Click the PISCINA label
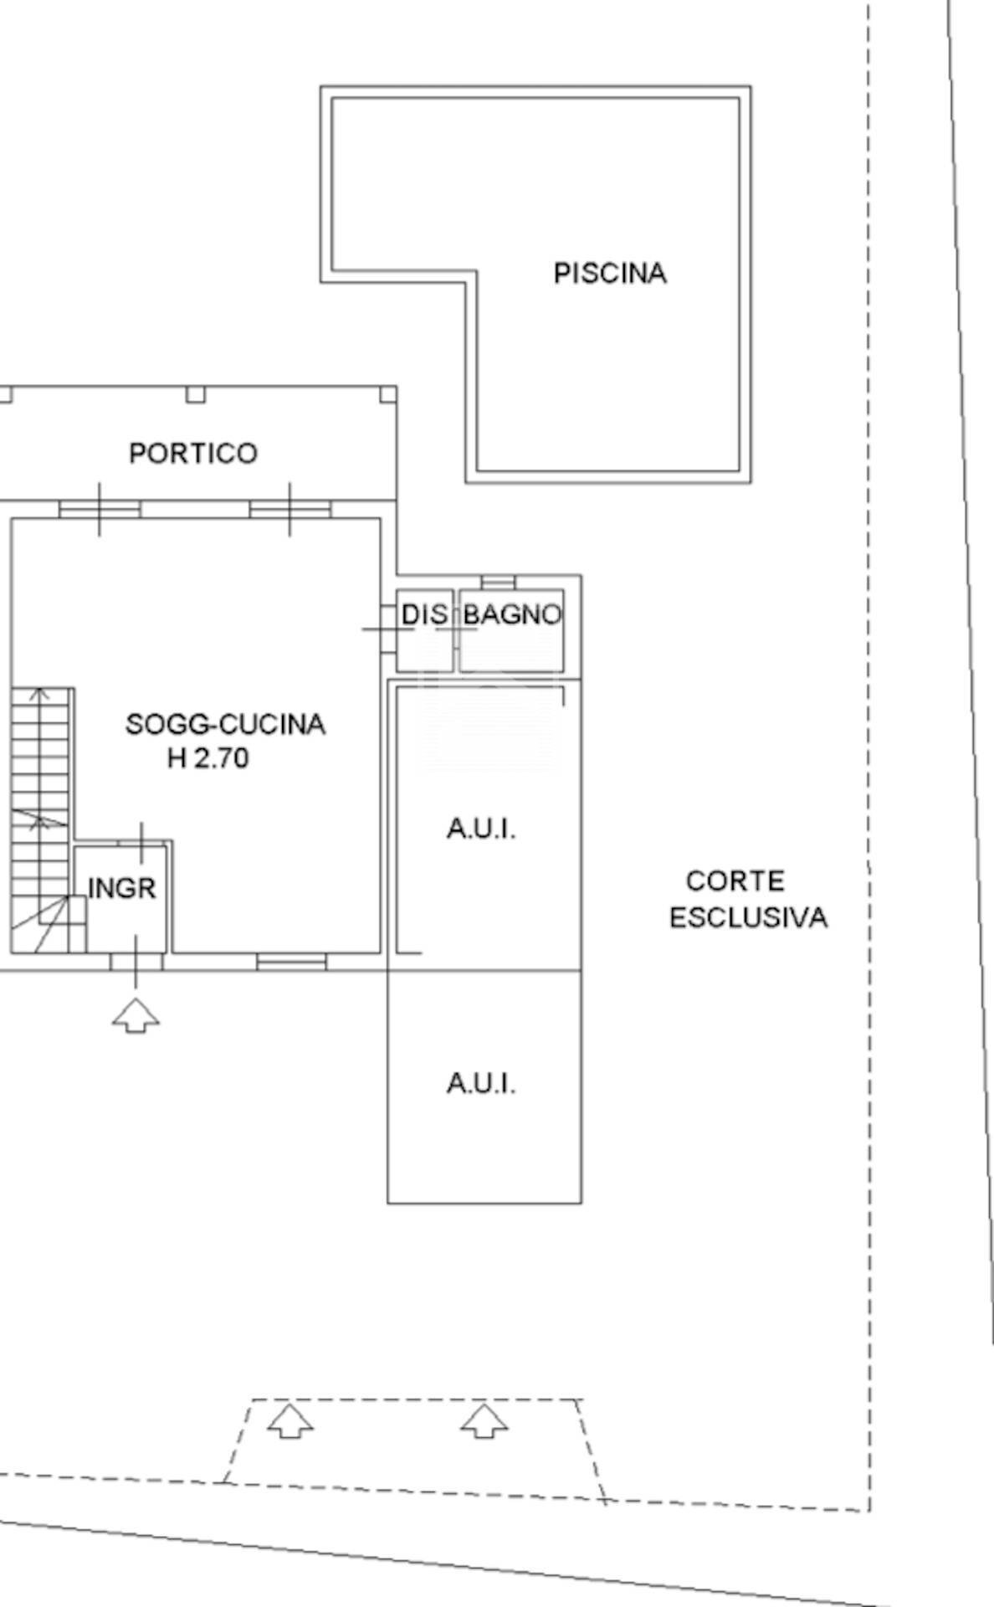pos(610,274)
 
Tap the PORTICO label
pos(193,454)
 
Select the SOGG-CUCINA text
pos(225,724)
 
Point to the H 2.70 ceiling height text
pos(208,758)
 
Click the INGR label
pos(122,888)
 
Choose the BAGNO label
pos(512,615)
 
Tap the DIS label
pos(424,615)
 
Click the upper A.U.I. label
pos(481,829)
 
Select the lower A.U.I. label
pos(481,1084)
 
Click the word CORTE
pos(735,881)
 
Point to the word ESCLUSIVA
pos(749,918)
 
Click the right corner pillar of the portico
pos(387,394)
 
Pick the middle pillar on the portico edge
pos(195,394)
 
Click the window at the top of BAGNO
pos(498,581)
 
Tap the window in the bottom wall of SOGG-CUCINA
pos(291,963)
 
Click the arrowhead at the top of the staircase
pos(39,693)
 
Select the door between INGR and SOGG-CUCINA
pos(141,843)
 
